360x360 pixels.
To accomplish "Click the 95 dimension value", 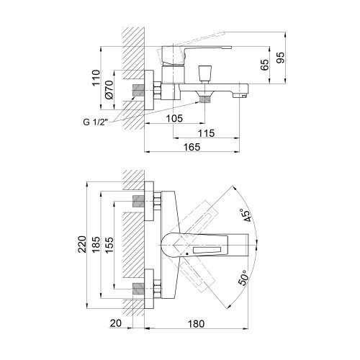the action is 280,57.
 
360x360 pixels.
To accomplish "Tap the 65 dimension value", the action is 264,65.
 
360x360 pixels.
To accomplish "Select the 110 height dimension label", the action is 96,78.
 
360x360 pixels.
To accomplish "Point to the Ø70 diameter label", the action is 109,89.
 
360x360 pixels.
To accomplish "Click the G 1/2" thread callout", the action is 96,122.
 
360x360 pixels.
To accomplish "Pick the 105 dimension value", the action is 174,118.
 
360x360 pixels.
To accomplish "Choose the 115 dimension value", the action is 207,132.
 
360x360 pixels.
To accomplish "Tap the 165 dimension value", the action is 192,147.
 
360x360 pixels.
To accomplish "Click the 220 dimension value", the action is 82,244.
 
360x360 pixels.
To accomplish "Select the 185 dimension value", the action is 96,244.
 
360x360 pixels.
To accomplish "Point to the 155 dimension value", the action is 109,245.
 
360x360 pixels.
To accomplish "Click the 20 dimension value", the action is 116,323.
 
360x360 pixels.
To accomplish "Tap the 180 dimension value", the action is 196,323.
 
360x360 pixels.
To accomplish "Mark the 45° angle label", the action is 247,215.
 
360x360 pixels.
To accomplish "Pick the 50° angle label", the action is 243,277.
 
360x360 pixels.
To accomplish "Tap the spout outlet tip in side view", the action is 240,96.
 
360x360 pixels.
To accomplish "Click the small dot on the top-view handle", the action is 187,253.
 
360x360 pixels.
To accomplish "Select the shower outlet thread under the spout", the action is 204,99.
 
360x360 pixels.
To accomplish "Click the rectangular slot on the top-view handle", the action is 207,250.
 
